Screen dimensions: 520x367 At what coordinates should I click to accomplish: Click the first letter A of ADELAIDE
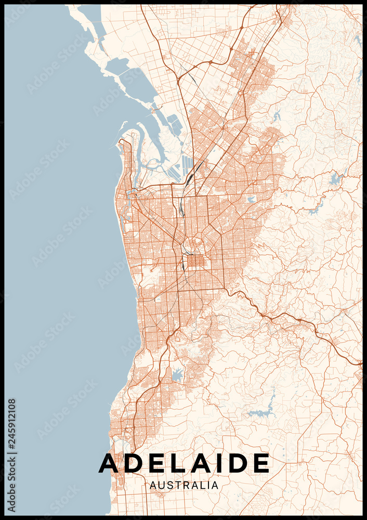click(x=110, y=463)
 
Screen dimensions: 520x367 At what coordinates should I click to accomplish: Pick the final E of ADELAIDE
click(x=261, y=463)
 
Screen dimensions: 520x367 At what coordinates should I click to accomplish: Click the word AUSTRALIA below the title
click(x=184, y=485)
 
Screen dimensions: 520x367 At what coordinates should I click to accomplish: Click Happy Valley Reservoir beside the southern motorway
click(x=178, y=374)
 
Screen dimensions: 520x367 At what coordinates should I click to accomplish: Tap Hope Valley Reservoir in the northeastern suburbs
click(x=252, y=199)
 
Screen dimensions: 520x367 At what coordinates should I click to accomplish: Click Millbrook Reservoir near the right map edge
click(x=335, y=179)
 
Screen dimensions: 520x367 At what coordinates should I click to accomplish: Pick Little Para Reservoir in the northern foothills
click(x=276, y=115)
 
